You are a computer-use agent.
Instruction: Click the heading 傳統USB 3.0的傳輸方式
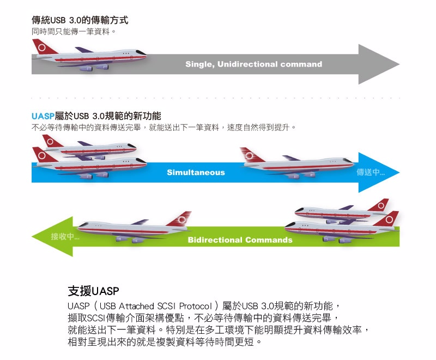tap(80, 21)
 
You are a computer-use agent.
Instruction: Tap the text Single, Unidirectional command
tap(253, 64)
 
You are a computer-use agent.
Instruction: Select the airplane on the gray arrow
tap(90, 56)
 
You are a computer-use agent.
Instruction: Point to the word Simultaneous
tap(196, 172)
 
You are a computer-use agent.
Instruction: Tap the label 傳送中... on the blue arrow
tap(371, 172)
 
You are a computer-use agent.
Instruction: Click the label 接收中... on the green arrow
tap(65, 237)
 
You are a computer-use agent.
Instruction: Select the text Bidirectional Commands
tap(240, 240)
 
